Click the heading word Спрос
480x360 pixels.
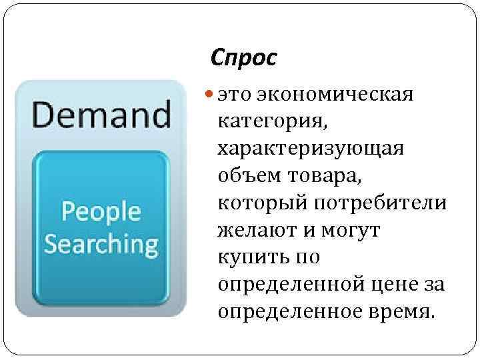tap(242, 59)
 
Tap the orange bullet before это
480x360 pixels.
tap(210, 95)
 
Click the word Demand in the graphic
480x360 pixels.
tap(100, 114)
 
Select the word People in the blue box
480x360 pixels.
tap(101, 212)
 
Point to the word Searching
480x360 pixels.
tap(101, 244)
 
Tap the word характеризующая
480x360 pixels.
tap(310, 148)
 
